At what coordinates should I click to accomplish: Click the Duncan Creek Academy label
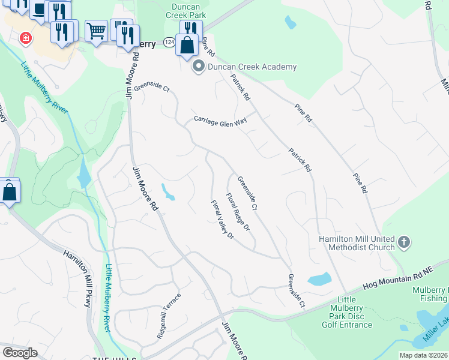coord(252,67)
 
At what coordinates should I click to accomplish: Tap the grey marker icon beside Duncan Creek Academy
coord(198,67)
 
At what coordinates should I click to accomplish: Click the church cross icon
coord(404,242)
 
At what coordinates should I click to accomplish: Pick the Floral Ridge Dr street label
coord(238,212)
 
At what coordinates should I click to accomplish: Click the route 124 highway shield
coord(170,43)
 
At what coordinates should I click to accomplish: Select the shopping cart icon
coord(95,30)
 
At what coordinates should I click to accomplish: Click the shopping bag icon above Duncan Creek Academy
coord(187,44)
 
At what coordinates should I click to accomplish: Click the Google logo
coord(20,353)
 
